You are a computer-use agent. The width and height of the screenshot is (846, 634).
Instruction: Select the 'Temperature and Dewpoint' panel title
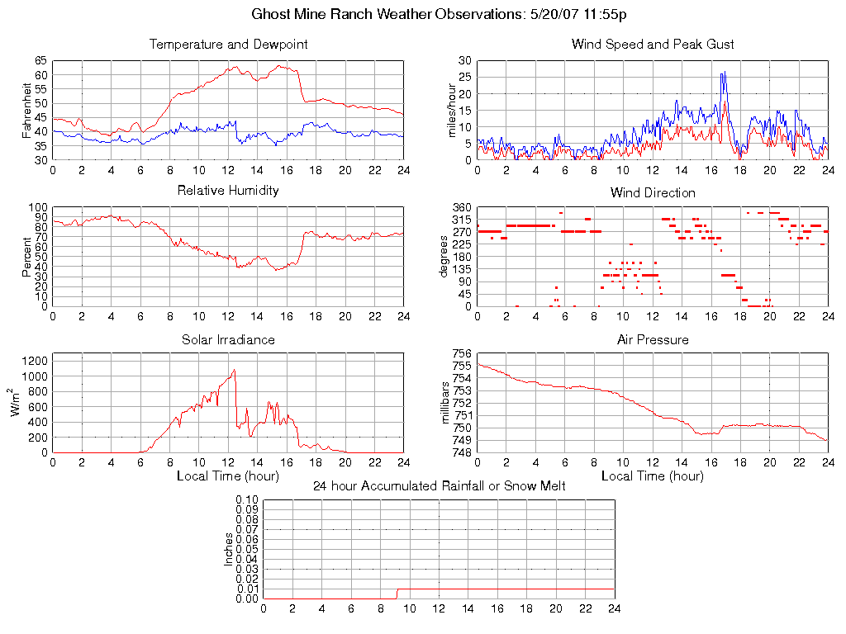pos(228,45)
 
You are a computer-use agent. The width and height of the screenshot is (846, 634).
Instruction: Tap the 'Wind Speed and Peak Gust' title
pos(653,45)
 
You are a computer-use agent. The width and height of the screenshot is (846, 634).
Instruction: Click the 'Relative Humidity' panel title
pos(228,191)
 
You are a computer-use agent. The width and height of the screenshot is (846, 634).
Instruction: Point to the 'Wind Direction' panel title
pos(653,192)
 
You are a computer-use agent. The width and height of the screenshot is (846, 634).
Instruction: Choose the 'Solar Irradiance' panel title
pos(228,339)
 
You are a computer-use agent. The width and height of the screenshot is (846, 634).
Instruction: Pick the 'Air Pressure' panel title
pos(653,339)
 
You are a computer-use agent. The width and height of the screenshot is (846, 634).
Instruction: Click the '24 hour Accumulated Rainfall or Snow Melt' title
pos(439,486)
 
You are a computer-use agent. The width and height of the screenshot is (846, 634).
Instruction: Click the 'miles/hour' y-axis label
pos(451,110)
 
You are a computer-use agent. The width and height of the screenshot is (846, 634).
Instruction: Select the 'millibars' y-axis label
pos(447,403)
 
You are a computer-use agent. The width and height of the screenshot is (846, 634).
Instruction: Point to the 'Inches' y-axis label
pos(229,549)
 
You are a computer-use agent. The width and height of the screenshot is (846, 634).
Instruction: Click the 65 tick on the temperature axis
pos(40,61)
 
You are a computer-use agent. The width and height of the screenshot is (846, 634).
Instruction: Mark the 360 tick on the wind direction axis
pos(460,207)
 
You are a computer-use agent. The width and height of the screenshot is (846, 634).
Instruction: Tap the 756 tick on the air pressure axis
pos(460,353)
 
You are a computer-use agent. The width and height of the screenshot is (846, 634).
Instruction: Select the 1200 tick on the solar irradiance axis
pos(36,361)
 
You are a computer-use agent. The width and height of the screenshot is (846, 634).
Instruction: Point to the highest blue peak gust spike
pos(723,73)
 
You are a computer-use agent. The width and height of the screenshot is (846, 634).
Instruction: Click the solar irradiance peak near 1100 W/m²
pos(235,370)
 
